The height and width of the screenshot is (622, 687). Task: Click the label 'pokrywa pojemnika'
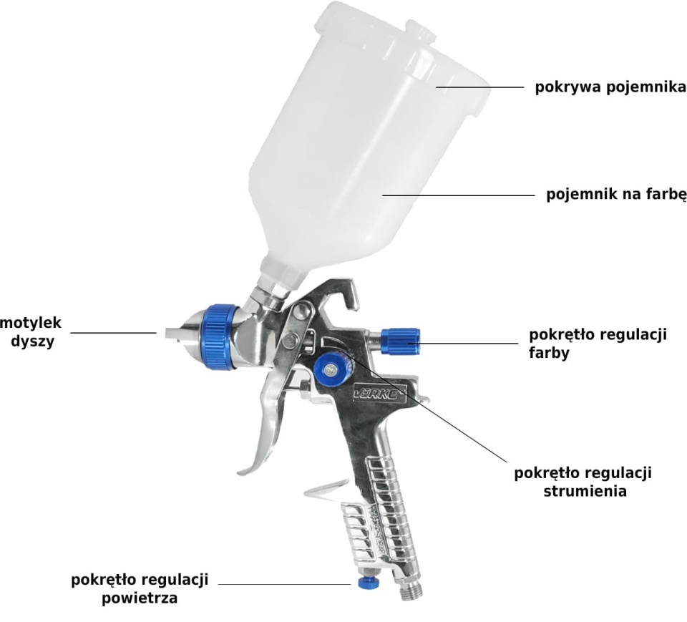(x=610, y=87)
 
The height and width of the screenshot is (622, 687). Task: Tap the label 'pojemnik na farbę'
(x=616, y=194)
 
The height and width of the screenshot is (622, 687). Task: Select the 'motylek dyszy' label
(x=31, y=332)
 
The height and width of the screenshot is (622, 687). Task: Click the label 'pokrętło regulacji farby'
(x=598, y=344)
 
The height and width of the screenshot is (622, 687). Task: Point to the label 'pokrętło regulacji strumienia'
(x=583, y=482)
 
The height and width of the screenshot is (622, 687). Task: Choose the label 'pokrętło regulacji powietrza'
(x=140, y=588)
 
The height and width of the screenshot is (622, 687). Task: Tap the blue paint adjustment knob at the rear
(x=400, y=341)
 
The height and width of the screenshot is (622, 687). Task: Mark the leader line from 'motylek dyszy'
(x=113, y=333)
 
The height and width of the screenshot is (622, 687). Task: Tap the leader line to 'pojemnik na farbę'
(x=458, y=195)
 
